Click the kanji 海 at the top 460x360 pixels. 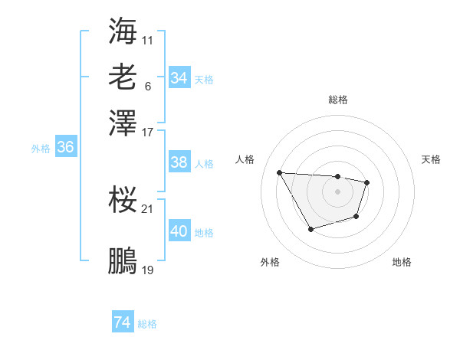123,30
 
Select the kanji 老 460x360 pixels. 123,77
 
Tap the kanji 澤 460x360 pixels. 123,122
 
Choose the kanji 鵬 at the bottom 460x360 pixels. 123,261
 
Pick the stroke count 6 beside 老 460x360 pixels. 147,86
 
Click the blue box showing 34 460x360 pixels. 179,78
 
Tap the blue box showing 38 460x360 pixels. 179,162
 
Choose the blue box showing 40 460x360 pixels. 179,231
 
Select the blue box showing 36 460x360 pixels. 65,148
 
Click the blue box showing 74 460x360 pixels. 122,322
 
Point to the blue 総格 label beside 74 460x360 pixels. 147,324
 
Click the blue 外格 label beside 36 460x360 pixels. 41,149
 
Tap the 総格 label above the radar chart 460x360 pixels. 337,100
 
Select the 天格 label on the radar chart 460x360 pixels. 431,159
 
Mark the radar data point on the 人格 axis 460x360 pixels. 280,172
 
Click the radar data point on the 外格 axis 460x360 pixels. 310,229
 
